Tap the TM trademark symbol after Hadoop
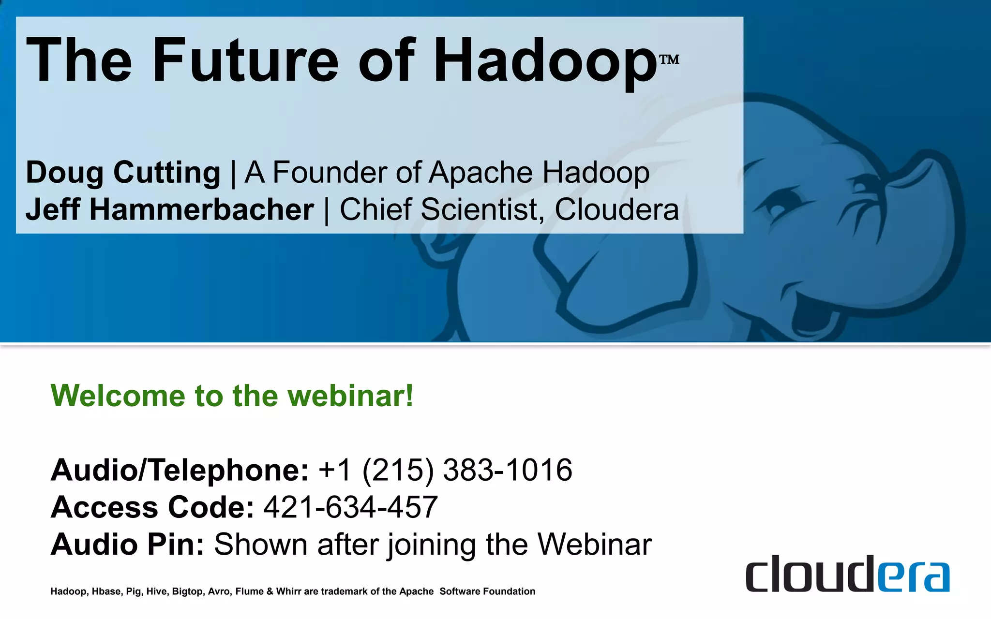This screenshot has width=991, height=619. pyautogui.click(x=670, y=59)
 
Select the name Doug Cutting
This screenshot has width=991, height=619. pyautogui.click(x=123, y=173)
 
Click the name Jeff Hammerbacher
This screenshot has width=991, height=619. pyautogui.click(x=170, y=209)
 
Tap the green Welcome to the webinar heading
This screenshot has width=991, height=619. pyautogui.click(x=232, y=396)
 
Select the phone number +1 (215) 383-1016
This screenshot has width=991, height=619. pyautogui.click(x=445, y=470)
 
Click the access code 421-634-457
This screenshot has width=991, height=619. pyautogui.click(x=350, y=507)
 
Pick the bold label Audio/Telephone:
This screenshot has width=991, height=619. pyautogui.click(x=180, y=470)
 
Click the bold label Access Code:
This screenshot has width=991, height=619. pyautogui.click(x=152, y=507)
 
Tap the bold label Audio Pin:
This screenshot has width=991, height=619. pyautogui.click(x=127, y=545)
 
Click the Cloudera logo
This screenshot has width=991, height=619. pyautogui.click(x=847, y=574)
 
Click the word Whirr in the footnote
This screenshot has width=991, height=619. pyautogui.click(x=288, y=591)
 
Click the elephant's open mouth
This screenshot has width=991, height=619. pyautogui.click(x=818, y=309)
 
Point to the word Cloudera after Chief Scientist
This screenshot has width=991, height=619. pyautogui.click(x=616, y=209)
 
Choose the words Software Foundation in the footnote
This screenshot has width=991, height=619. pyautogui.click(x=487, y=591)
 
